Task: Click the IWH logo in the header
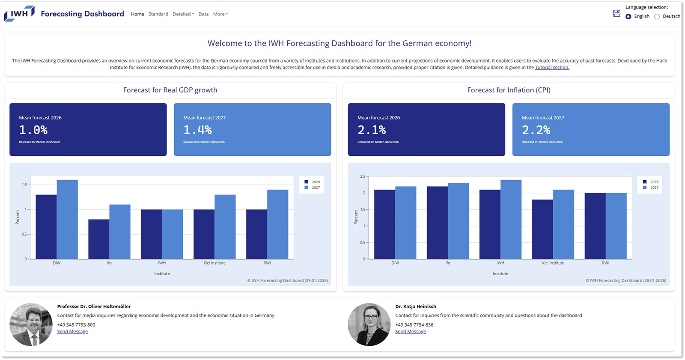[19, 14]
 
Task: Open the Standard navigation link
[158, 14]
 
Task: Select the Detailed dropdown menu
[183, 14]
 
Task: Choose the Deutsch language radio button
[657, 17]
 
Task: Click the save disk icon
[616, 13]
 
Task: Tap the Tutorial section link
[552, 68]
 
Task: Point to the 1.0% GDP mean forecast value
[33, 130]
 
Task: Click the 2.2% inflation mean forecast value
[536, 130]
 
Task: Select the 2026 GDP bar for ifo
[99, 239]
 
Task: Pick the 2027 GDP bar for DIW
[67, 220]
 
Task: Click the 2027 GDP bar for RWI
[278, 224]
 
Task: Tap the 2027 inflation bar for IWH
[511, 219]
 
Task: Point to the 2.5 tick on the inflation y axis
[363, 176]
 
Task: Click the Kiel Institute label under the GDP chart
[214, 263]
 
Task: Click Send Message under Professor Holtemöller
[72, 332]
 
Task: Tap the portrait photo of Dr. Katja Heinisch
[369, 324]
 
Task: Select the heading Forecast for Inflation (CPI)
[509, 90]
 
